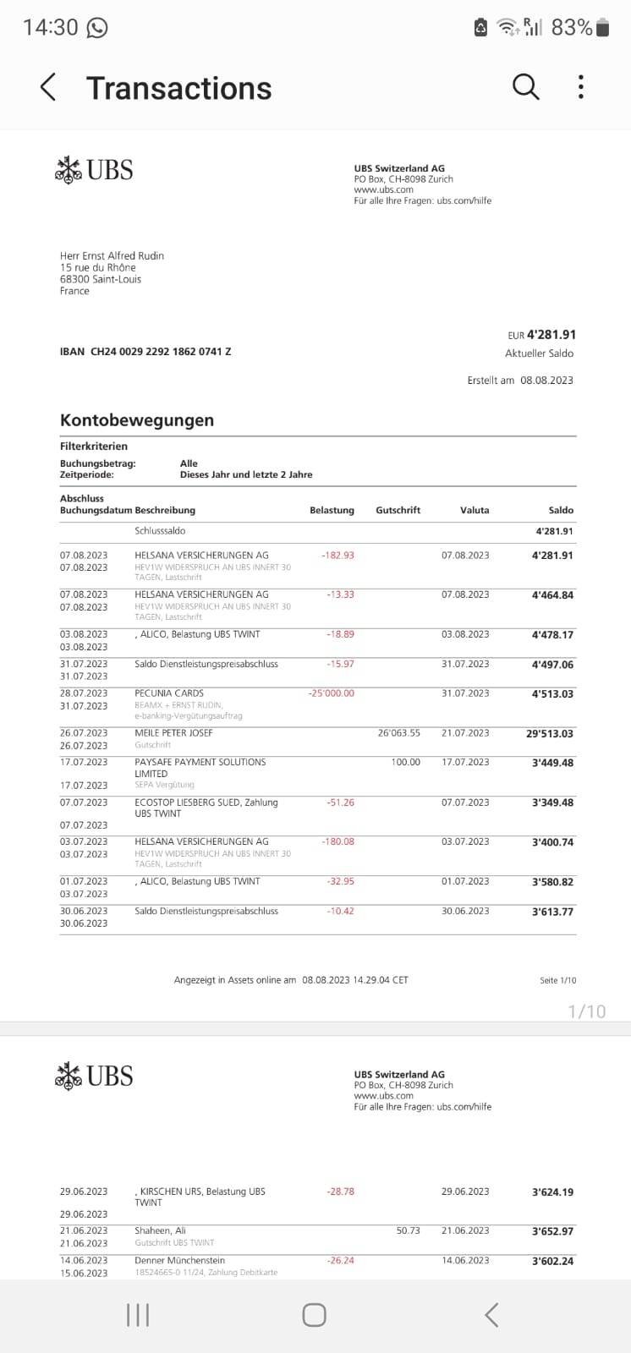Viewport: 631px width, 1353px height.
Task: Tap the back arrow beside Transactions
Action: point(48,87)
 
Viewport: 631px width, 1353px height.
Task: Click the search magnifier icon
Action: point(525,86)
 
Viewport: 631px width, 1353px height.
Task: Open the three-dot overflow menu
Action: point(580,86)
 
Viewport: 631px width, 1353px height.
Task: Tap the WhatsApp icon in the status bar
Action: point(97,28)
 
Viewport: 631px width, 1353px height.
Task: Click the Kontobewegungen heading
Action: point(137,420)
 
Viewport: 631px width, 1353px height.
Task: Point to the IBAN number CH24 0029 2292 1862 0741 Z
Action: point(161,352)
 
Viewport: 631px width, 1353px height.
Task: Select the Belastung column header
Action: point(332,511)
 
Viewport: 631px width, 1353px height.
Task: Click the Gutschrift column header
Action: point(398,511)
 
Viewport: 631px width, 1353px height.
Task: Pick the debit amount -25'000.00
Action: point(332,693)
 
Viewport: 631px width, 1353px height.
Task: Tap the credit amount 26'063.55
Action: point(398,733)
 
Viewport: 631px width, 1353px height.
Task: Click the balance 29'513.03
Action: point(549,734)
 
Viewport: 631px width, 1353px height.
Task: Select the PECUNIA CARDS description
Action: point(169,693)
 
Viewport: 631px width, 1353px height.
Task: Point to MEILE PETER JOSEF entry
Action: point(173,733)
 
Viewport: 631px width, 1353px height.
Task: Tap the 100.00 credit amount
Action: point(405,762)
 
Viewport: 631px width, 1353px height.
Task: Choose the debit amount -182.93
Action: point(337,556)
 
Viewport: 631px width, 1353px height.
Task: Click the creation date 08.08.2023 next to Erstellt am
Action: point(546,381)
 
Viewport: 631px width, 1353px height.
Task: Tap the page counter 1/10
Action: point(586,1011)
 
